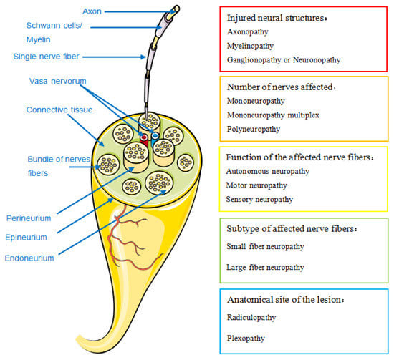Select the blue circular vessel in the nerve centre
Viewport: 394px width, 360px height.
(x=155, y=135)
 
